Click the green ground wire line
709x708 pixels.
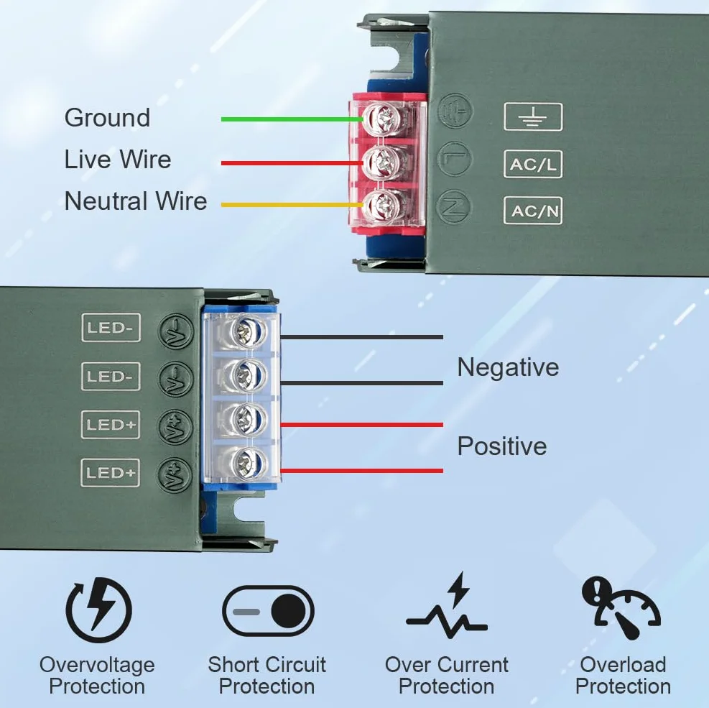(292, 119)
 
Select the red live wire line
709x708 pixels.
(292, 163)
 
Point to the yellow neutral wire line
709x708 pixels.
(292, 205)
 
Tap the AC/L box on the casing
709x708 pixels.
(533, 164)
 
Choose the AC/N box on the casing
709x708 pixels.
(533, 211)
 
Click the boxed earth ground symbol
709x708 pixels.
(533, 117)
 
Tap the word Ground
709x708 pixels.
(107, 119)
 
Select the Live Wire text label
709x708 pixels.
(118, 160)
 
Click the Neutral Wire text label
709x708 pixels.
(136, 201)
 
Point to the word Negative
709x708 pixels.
(509, 367)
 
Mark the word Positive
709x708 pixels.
(502, 446)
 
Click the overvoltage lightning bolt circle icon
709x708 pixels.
(98, 610)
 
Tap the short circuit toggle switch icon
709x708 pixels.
(268, 611)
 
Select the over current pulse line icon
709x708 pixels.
(447, 606)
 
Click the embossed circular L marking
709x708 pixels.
(455, 159)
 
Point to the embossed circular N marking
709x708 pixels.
(453, 206)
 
